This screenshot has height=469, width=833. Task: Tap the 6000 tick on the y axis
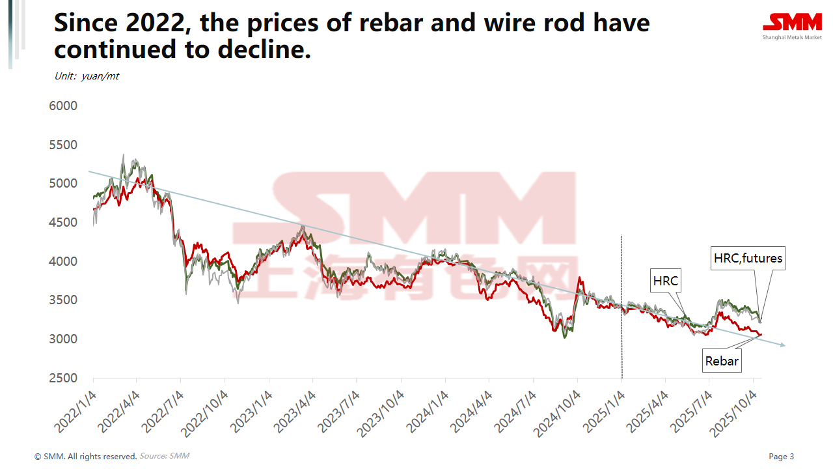[63, 106]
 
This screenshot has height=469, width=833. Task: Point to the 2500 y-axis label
[63, 378]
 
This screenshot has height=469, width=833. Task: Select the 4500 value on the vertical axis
[63, 222]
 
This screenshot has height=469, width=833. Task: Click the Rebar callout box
[722, 360]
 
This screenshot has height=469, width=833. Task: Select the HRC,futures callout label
[748, 258]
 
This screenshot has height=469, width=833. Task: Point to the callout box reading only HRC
[665, 281]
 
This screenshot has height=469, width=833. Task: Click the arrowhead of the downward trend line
[782, 345]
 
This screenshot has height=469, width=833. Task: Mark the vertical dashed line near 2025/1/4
[621, 306]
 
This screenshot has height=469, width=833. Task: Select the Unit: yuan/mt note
[87, 76]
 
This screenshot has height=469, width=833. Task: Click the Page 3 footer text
[781, 457]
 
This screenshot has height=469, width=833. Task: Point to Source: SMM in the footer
[164, 456]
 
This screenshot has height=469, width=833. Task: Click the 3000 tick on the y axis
[63, 339]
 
